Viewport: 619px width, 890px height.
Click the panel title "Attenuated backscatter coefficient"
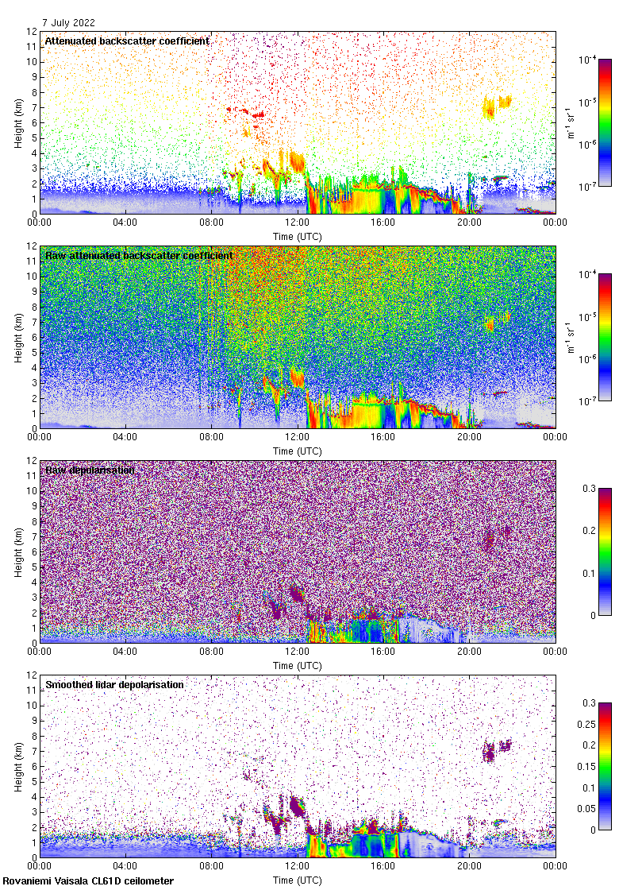point(127,41)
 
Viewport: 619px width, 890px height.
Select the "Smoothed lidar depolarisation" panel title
point(114,684)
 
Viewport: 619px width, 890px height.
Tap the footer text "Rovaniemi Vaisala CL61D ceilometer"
point(88,880)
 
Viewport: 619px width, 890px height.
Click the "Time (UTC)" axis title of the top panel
point(297,236)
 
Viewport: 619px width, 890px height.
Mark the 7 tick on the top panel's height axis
point(33,108)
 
